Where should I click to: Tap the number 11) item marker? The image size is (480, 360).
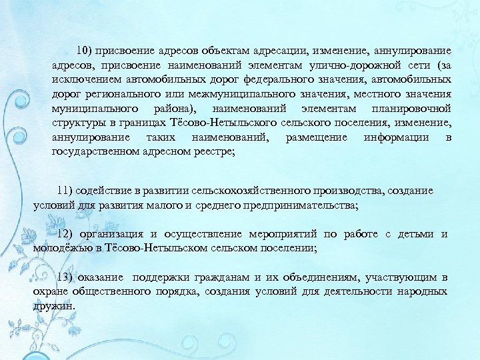[65, 191]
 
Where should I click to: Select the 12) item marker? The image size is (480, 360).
[65, 234]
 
